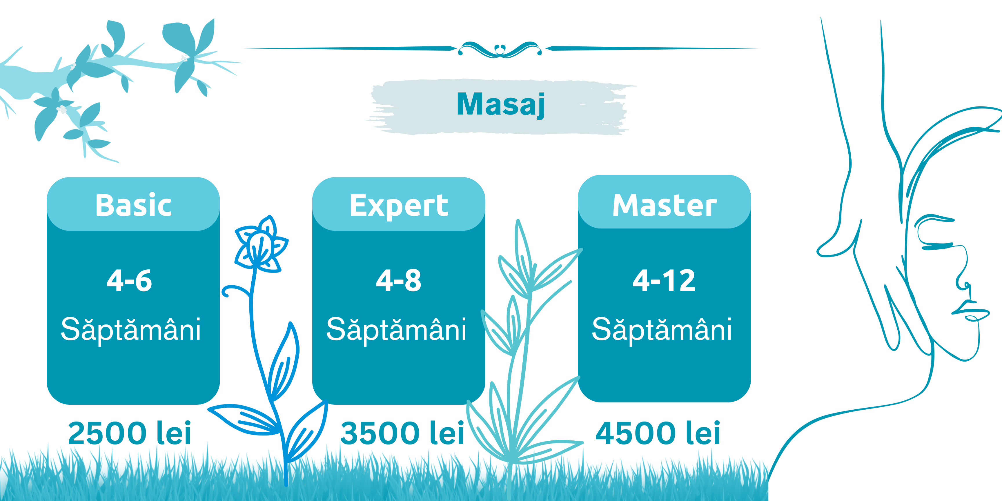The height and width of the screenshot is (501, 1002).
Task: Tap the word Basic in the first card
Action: click(x=133, y=205)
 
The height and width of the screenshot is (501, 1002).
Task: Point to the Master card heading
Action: click(x=664, y=205)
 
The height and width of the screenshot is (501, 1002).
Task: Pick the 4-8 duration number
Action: click(x=398, y=280)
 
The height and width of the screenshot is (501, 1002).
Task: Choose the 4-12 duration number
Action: click(x=664, y=280)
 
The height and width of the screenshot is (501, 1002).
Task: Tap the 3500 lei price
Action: click(x=402, y=433)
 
